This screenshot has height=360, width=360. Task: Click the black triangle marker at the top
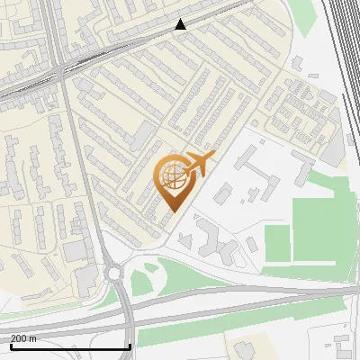[181, 24]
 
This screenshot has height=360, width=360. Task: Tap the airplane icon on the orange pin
[199, 164]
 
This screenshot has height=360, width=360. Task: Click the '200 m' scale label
[23, 337]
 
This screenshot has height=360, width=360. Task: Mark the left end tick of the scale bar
[10, 346]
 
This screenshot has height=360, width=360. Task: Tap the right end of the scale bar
[130, 346]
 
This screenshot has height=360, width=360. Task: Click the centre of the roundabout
[113, 271]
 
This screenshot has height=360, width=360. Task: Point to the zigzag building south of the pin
[209, 235]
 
